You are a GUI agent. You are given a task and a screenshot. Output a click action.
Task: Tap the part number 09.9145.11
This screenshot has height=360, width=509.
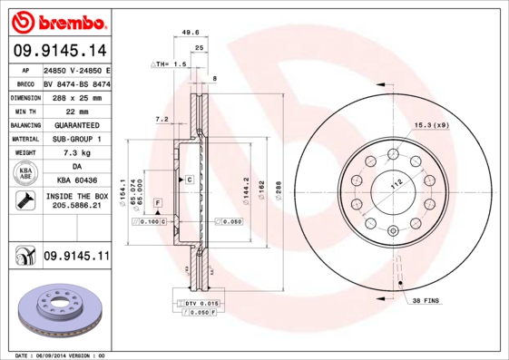tap(76, 257)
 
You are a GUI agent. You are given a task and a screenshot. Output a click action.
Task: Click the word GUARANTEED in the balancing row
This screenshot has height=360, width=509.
tap(76, 125)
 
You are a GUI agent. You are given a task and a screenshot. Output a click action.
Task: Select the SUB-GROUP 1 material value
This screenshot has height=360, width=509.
tap(76, 139)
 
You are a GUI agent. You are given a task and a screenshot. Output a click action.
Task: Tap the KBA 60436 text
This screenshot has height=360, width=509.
tap(76, 181)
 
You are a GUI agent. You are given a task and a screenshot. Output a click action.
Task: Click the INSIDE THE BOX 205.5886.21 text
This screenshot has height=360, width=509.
tap(76, 201)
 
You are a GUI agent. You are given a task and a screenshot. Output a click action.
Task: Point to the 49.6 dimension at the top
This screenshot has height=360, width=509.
tap(191, 32)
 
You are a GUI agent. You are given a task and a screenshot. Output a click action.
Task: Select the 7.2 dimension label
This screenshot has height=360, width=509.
tap(162, 119)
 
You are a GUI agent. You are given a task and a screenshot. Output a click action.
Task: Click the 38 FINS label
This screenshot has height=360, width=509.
tap(426, 299)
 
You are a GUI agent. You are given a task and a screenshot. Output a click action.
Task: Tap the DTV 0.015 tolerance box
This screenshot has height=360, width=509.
tap(202, 303)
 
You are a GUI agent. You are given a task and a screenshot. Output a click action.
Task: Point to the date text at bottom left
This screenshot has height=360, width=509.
tap(60, 355)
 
